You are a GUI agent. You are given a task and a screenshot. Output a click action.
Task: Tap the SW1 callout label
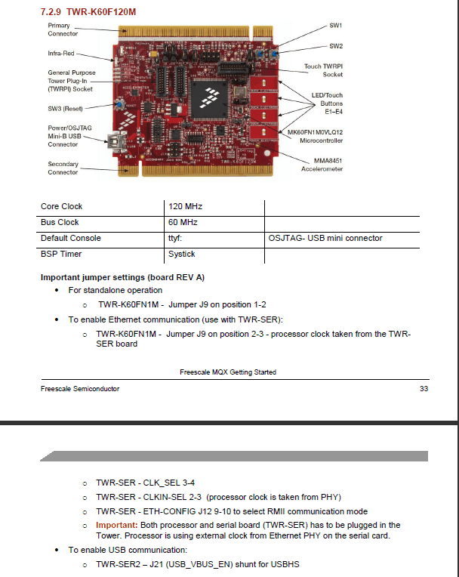[335, 26]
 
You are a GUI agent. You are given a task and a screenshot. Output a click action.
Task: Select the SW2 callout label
[336, 46]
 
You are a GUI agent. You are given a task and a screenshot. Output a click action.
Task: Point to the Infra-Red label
[61, 54]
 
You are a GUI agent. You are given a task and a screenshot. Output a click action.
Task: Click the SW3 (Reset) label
[65, 109]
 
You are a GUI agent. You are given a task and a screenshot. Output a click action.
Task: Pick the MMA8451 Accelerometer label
[322, 165]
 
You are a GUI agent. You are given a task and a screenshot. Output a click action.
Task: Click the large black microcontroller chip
[209, 99]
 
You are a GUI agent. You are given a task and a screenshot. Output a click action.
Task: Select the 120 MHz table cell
[186, 206]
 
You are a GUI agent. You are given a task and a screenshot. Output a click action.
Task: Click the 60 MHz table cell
[183, 222]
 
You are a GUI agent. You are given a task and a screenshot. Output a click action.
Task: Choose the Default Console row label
[71, 238]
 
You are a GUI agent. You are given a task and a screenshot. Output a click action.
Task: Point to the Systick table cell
[182, 254]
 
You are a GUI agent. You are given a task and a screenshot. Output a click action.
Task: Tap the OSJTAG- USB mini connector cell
[325, 238]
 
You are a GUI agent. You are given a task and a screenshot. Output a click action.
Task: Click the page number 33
[424, 389]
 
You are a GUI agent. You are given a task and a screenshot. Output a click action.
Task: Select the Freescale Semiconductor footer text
[80, 389]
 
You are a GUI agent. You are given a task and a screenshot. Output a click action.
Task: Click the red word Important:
[116, 525]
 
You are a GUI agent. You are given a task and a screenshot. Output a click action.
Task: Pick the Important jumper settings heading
[122, 277]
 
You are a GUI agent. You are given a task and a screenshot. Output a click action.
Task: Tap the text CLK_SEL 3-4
[169, 483]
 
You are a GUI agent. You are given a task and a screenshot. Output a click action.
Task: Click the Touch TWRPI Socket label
[323, 70]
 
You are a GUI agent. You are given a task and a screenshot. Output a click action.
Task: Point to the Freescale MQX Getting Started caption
[228, 372]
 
